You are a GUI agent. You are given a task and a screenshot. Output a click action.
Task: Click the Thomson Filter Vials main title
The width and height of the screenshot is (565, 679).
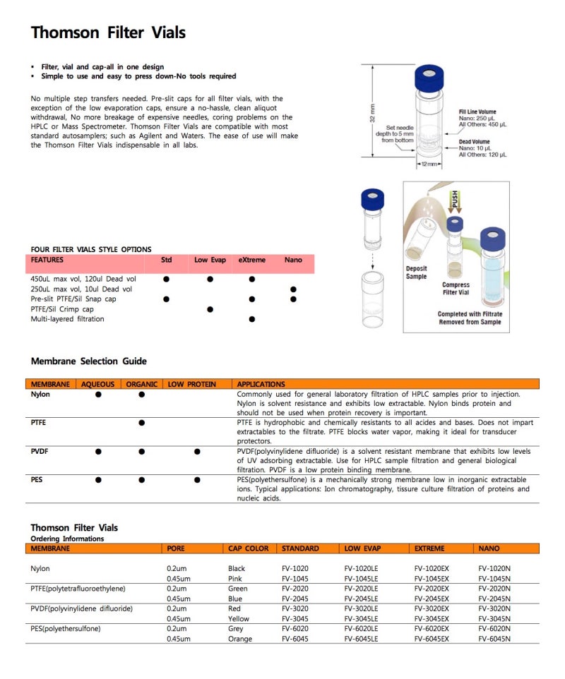(108, 32)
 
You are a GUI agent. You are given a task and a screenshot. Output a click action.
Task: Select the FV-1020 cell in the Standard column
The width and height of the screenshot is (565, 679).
(295, 568)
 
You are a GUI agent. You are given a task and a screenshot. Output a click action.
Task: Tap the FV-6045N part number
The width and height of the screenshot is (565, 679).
(494, 638)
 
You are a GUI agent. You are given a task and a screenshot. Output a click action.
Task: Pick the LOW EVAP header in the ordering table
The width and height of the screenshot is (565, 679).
(362, 548)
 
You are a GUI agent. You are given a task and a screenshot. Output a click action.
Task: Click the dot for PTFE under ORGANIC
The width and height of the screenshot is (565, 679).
(142, 423)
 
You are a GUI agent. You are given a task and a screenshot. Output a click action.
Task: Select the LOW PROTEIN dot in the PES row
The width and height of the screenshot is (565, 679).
(197, 480)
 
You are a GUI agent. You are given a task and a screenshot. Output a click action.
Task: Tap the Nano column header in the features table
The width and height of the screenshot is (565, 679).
(293, 260)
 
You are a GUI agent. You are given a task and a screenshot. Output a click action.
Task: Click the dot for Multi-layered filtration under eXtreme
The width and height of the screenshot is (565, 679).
(252, 319)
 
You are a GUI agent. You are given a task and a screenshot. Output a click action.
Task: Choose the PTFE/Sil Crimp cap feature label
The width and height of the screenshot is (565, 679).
(62, 309)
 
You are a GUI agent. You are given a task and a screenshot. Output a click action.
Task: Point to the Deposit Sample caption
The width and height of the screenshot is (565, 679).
(416, 272)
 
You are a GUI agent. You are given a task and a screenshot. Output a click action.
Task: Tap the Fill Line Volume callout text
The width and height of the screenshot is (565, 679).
(477, 112)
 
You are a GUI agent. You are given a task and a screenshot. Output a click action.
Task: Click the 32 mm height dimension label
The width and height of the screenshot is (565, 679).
(372, 111)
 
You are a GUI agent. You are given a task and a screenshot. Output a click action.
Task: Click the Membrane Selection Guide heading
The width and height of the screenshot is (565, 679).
(89, 361)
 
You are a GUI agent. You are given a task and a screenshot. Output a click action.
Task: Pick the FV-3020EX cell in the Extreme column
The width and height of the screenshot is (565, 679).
(431, 608)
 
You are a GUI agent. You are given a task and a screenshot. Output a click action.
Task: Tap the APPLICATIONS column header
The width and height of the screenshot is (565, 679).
(261, 384)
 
